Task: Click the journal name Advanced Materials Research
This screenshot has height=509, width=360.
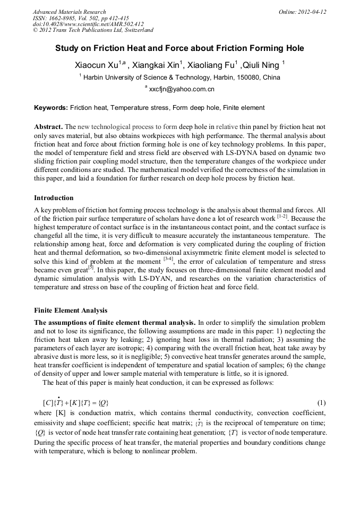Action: (x=70, y=12)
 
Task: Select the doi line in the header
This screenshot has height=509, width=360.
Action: (x=88, y=24)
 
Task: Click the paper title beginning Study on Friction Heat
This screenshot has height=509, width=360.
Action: (x=179, y=48)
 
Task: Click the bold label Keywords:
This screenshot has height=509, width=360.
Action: (x=51, y=108)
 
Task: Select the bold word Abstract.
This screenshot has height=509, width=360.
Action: (x=48, y=127)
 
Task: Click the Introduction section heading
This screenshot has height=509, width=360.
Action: (x=54, y=198)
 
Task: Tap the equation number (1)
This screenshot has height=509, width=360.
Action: (x=321, y=402)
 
